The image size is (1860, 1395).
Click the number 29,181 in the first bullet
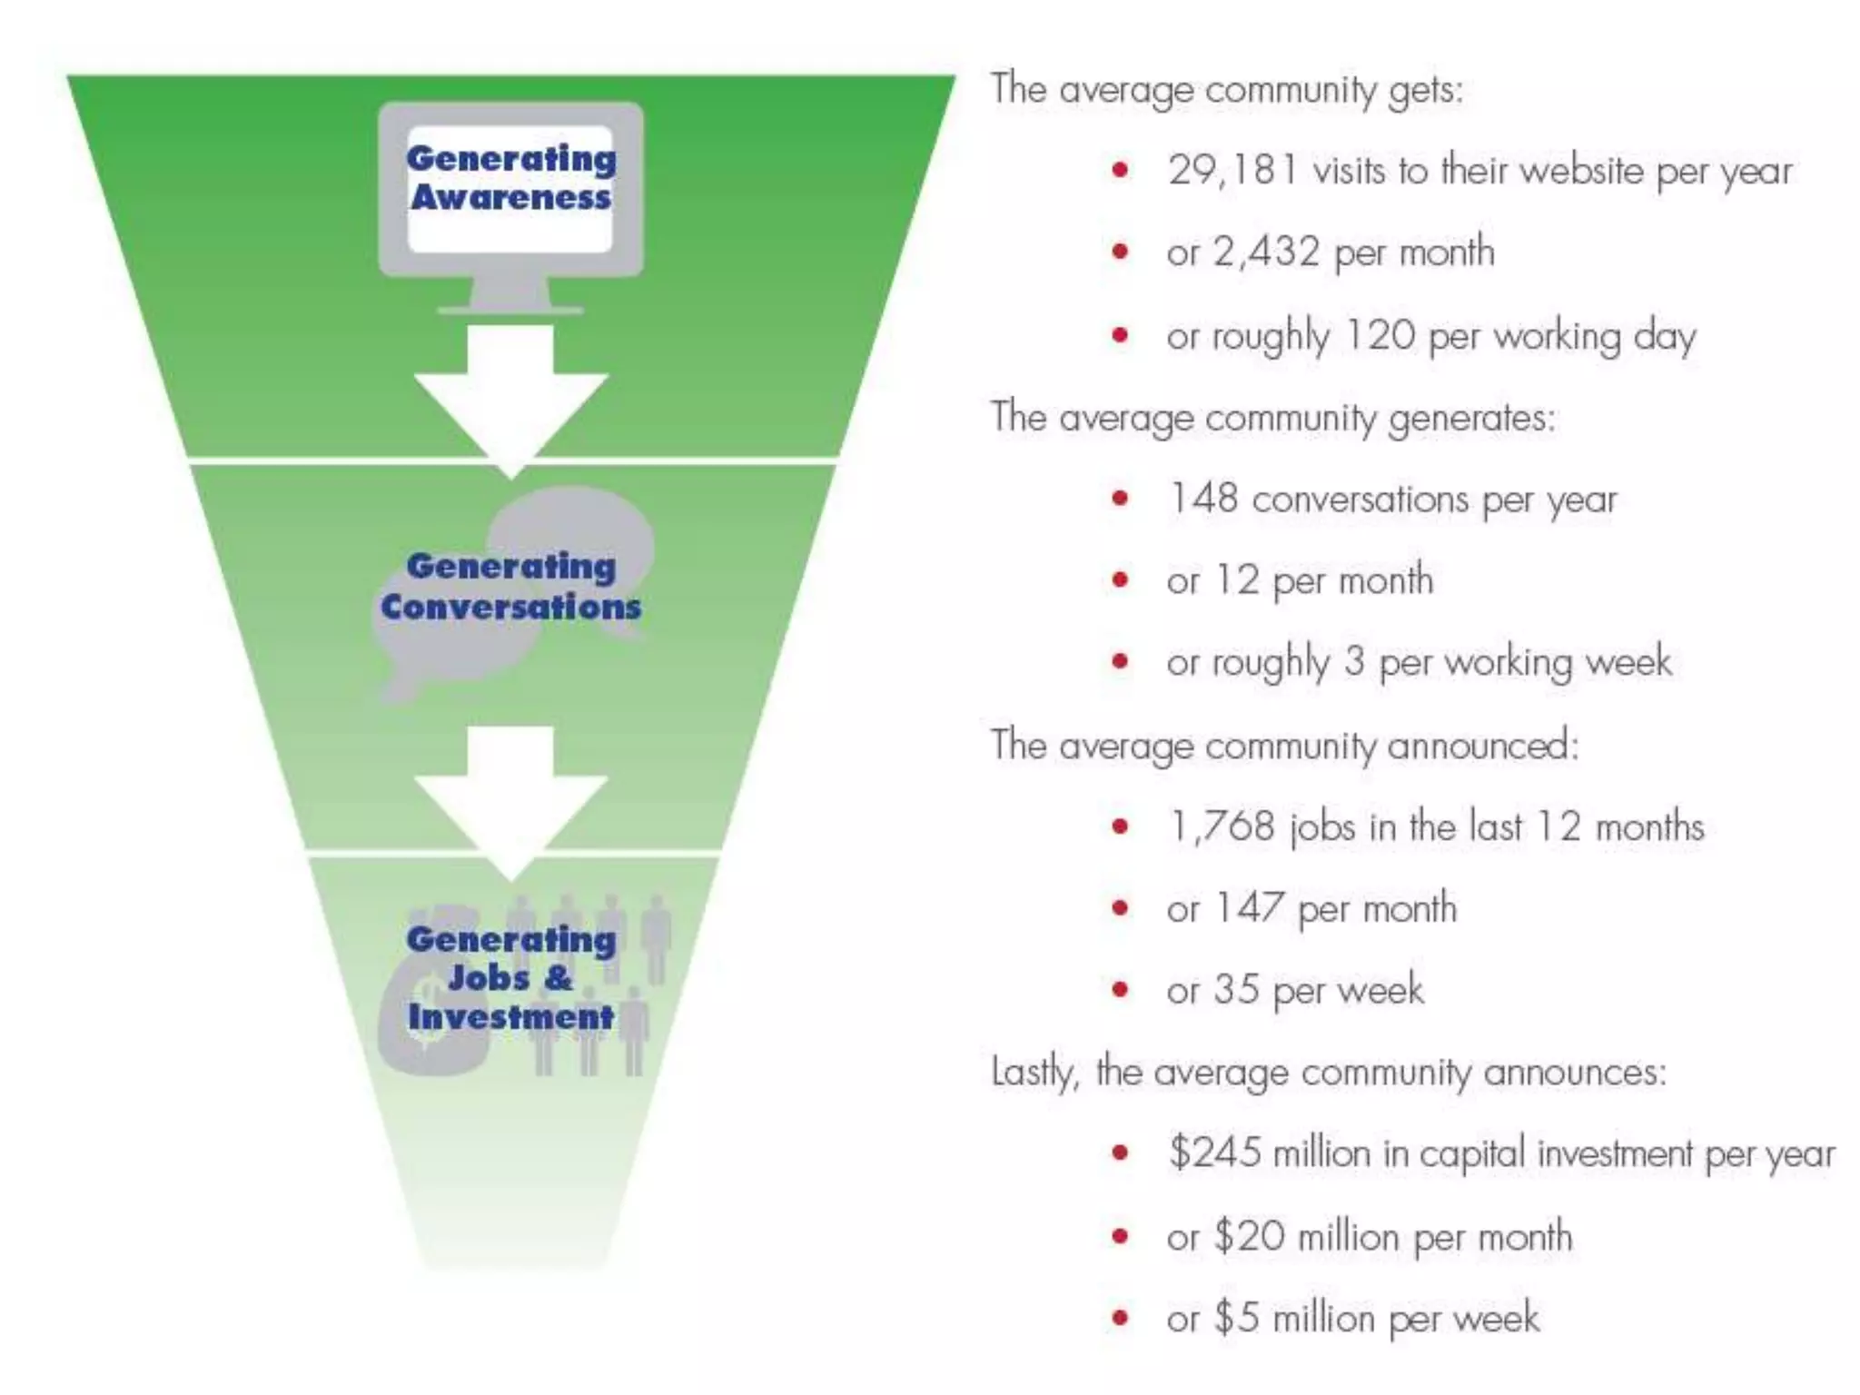(1232, 171)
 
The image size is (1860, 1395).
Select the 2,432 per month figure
(1266, 252)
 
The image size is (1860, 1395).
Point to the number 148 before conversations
(1202, 499)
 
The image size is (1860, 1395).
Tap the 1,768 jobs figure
(1222, 826)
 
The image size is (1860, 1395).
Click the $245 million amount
(1215, 1153)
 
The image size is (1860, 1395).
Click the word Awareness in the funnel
(510, 198)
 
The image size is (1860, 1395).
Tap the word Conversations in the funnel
(510, 607)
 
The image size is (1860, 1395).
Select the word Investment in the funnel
(510, 1017)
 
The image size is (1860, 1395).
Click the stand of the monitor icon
(510, 296)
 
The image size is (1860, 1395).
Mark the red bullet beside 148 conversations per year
(1120, 499)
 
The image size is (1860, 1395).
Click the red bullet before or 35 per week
(1120, 990)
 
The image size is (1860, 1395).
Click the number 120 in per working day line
(1380, 336)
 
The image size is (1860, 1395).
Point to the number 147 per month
(1250, 908)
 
